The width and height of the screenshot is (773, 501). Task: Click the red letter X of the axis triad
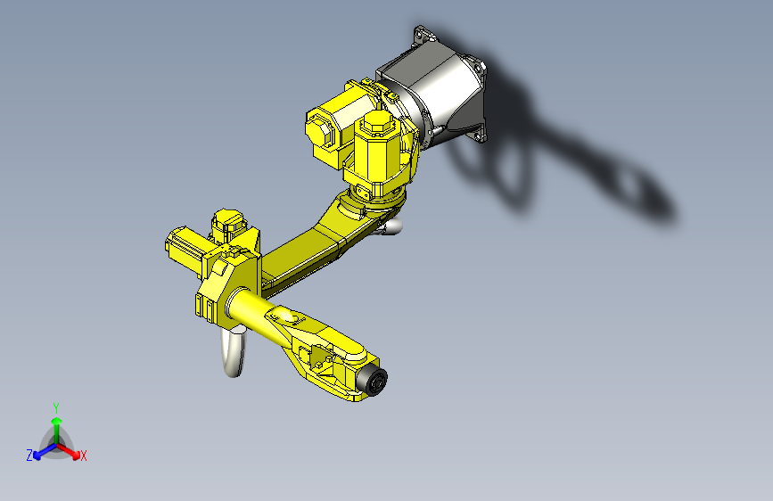click(x=84, y=456)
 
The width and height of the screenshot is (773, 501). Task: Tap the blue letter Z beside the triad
click(x=29, y=456)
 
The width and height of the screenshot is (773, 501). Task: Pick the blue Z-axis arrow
click(x=42, y=451)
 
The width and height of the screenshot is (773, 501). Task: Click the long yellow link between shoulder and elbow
click(x=308, y=250)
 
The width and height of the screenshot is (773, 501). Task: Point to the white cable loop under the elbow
click(x=234, y=353)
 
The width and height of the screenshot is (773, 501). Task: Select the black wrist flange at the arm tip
click(x=375, y=381)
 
